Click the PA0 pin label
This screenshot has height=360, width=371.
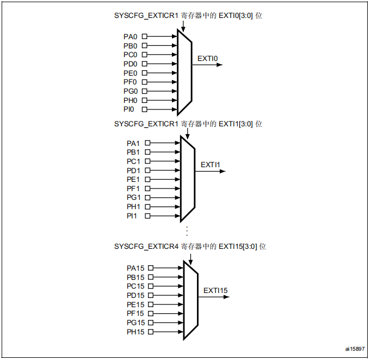click(x=131, y=36)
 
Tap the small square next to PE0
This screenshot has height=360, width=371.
click(x=144, y=73)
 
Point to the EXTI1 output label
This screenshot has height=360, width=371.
click(x=210, y=164)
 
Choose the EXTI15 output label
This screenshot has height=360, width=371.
click(x=215, y=290)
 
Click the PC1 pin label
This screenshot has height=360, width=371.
click(x=133, y=161)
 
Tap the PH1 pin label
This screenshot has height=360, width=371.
click(x=133, y=206)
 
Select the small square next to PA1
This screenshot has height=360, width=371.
click(x=147, y=143)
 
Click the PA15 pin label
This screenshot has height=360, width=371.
click(x=135, y=268)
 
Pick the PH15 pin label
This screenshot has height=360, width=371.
click(x=135, y=332)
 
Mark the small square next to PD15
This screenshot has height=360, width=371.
click(x=151, y=295)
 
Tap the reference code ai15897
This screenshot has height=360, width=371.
click(x=355, y=349)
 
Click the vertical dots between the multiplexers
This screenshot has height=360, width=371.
click(x=187, y=230)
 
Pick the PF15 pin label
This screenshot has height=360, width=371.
click(x=135, y=314)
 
